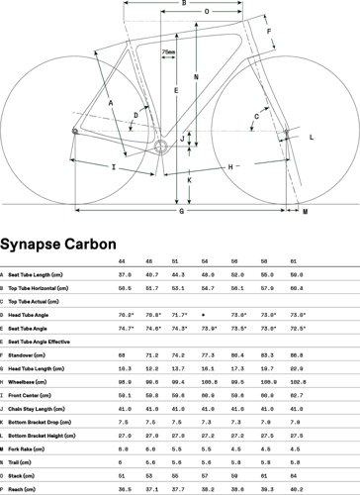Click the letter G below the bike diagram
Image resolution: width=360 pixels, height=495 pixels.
pyautogui.click(x=180, y=211)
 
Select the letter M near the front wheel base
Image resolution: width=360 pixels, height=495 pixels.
pyautogui.click(x=305, y=212)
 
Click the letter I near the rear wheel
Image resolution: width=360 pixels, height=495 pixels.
pyautogui.click(x=115, y=169)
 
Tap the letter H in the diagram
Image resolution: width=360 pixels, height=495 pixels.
pyautogui.click(x=229, y=167)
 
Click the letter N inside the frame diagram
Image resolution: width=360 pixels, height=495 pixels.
pyautogui.click(x=197, y=77)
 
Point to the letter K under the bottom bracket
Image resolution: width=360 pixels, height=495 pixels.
pyautogui.click(x=188, y=181)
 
